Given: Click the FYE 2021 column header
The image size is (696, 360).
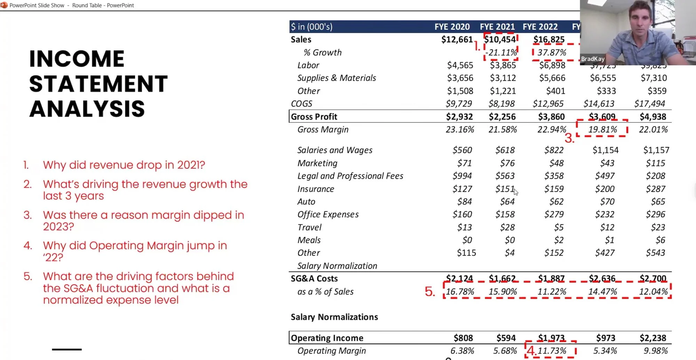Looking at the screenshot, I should [x=497, y=27].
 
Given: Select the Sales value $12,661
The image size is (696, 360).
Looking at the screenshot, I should [x=457, y=40].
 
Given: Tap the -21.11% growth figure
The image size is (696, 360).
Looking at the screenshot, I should [x=501, y=53].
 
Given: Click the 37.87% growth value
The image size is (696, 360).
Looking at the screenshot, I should [x=552, y=53].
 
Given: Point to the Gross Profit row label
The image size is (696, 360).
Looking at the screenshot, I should [x=314, y=117].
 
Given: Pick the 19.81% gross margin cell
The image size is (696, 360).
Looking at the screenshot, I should [x=602, y=130].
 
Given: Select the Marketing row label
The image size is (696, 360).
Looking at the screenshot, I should [x=317, y=163].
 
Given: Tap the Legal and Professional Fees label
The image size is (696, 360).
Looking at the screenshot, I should [x=350, y=176].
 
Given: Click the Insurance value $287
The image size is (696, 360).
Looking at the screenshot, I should [x=655, y=189].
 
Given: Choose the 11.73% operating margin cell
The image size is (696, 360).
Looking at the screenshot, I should [x=552, y=351].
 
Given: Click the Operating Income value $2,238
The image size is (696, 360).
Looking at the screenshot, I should [x=652, y=338].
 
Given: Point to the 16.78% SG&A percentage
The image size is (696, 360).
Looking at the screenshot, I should [x=460, y=291].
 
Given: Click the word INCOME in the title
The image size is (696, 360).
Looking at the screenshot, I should [x=77, y=58].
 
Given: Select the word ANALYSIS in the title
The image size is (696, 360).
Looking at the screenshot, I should [x=87, y=109].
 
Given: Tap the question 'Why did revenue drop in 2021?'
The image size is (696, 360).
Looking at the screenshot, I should [x=124, y=165].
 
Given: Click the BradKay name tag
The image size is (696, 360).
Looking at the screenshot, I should [x=593, y=59].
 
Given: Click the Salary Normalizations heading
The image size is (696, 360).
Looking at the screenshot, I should [x=334, y=317].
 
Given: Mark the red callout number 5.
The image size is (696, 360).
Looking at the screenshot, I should [x=430, y=291].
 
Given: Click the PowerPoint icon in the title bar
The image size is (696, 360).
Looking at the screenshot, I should [x=4, y=5].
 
